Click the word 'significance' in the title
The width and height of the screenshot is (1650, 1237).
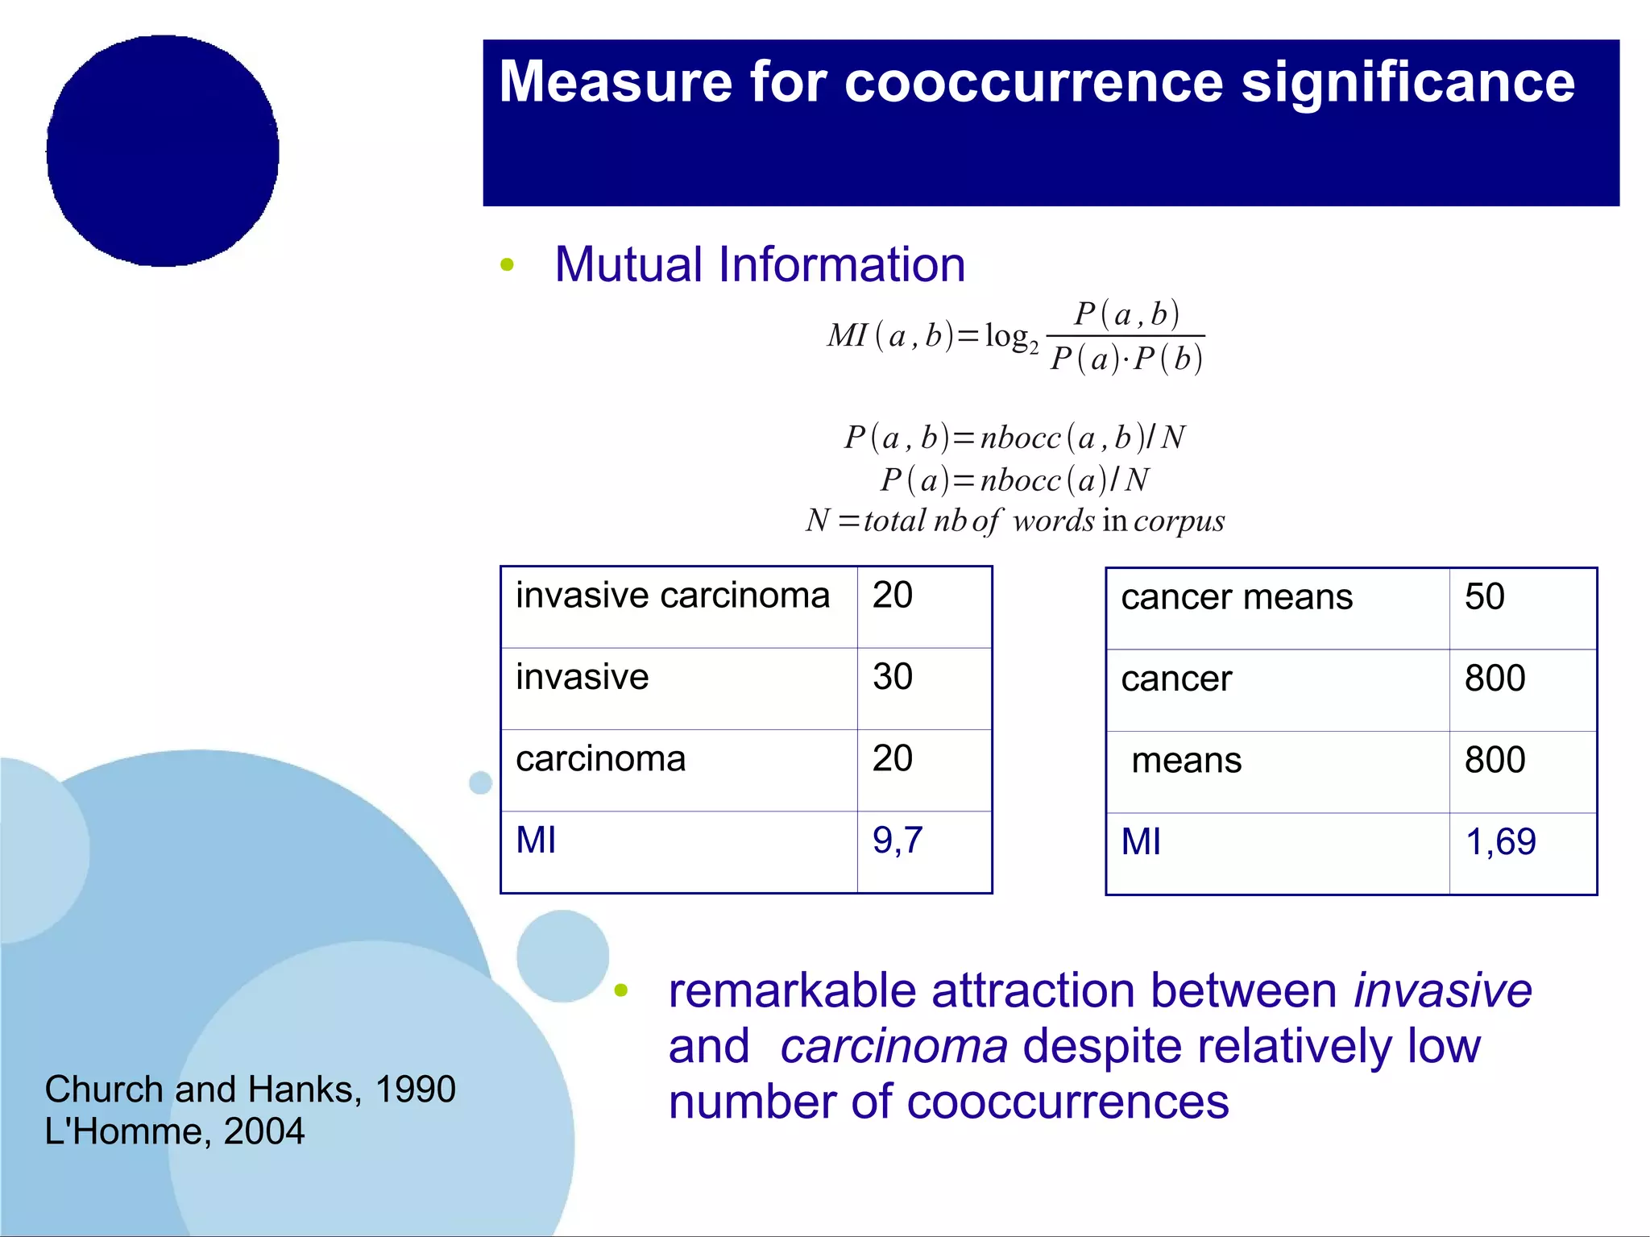[x=1407, y=83]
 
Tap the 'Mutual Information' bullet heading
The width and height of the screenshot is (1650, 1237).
[x=759, y=264]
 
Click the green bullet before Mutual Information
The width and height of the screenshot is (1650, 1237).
[x=507, y=264]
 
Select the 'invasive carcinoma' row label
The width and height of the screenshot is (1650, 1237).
[x=672, y=596]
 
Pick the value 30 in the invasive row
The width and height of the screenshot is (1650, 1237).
[x=892, y=677]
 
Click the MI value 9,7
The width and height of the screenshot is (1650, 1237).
[x=897, y=841]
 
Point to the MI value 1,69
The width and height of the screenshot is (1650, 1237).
[x=1499, y=842]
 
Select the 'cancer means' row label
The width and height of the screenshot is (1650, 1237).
[x=1236, y=598]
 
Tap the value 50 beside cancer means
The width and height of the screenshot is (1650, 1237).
[x=1484, y=597]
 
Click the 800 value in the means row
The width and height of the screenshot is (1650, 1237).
[x=1495, y=760]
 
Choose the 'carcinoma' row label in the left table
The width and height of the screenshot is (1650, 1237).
[x=600, y=759]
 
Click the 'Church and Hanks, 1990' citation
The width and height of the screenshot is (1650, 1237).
[x=250, y=1090]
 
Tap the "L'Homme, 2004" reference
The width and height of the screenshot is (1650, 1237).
[x=174, y=1131]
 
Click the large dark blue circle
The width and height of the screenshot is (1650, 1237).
[x=163, y=151]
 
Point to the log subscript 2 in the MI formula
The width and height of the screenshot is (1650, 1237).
[x=1034, y=349]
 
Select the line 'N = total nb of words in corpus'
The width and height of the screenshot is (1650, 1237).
[x=1014, y=521]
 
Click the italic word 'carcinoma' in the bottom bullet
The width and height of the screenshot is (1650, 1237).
[x=893, y=1047]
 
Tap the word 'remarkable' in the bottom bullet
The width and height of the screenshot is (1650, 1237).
[x=791, y=990]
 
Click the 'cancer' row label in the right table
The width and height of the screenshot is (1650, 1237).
[x=1175, y=679]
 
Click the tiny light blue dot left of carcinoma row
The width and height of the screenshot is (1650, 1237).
[x=480, y=782]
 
